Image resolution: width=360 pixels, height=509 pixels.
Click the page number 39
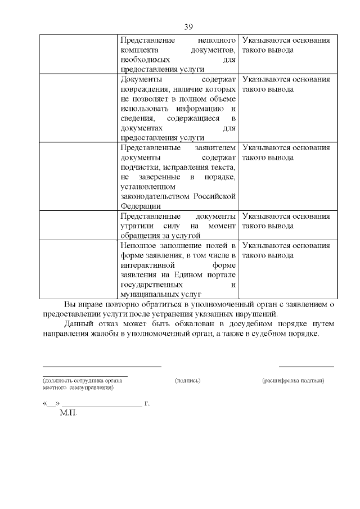188,27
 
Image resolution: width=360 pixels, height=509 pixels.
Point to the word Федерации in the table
138,206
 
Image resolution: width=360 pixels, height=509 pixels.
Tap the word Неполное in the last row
138,246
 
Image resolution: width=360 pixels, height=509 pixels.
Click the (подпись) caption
188,381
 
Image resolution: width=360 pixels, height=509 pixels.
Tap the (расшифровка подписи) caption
293,381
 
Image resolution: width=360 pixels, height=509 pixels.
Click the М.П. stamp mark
67,413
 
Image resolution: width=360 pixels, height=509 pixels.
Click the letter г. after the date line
147,404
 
